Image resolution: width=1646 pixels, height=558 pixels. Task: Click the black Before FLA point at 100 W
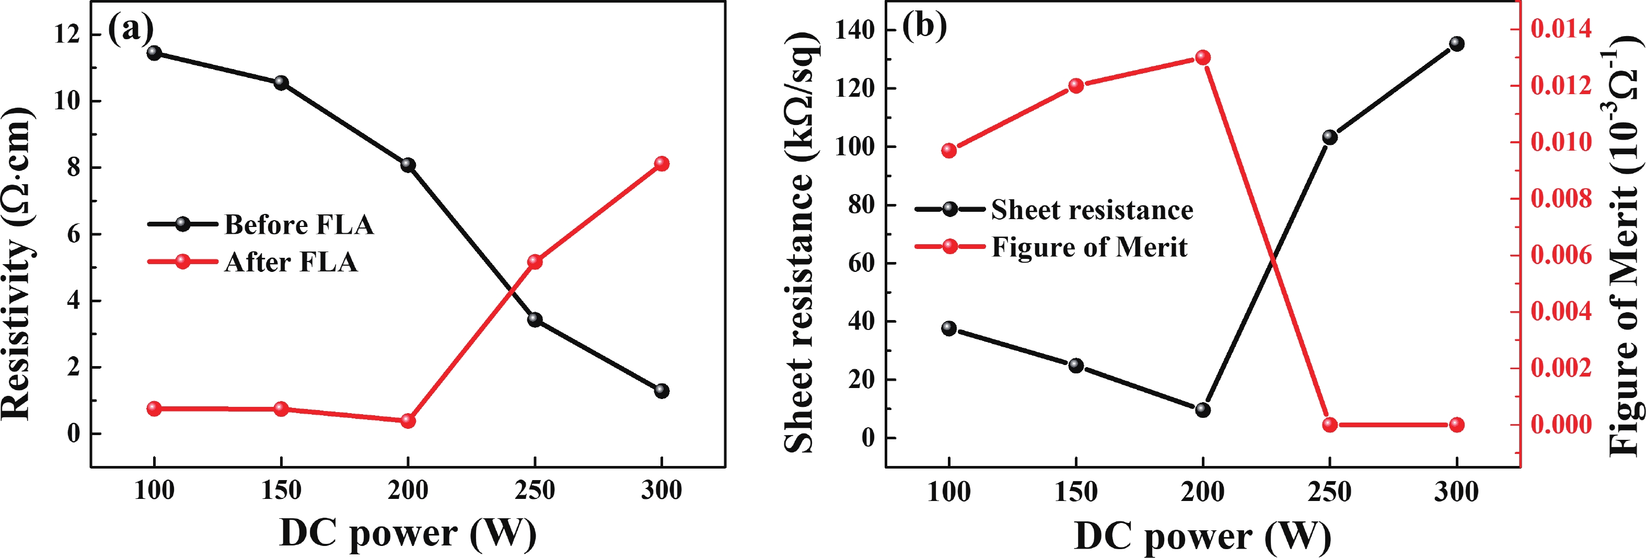click(x=154, y=52)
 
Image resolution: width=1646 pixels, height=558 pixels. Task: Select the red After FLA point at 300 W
click(x=662, y=164)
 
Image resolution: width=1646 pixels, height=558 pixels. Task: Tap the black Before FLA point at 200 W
click(x=408, y=165)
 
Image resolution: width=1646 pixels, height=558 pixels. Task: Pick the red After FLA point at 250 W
click(x=535, y=261)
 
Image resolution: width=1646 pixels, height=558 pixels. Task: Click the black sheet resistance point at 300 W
click(x=1456, y=43)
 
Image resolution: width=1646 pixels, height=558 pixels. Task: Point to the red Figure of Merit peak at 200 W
click(x=1202, y=58)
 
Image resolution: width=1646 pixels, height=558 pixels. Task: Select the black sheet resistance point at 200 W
click(x=1202, y=409)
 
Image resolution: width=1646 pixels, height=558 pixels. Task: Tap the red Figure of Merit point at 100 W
click(x=949, y=150)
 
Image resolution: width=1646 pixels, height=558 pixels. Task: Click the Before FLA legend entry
click(x=298, y=224)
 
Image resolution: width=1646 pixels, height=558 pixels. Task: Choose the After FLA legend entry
click(x=291, y=261)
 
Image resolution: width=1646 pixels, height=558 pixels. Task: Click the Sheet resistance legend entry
click(x=1092, y=209)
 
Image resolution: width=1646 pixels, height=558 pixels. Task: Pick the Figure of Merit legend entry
click(x=1089, y=247)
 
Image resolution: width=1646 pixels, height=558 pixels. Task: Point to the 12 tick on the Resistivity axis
click(x=67, y=34)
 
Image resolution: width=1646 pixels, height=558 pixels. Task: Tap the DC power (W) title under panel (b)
click(x=1202, y=536)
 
